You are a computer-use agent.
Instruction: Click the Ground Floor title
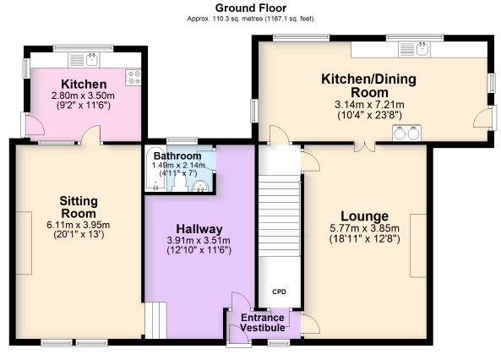250,8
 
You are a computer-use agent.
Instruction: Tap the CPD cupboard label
279,292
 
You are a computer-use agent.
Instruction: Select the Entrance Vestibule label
262,323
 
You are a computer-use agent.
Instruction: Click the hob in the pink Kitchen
133,78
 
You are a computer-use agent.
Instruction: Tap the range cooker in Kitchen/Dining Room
406,133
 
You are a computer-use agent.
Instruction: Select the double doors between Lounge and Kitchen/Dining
364,147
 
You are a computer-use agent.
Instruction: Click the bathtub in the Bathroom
155,169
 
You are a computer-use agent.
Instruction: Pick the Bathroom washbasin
200,186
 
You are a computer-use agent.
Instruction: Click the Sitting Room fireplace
24,243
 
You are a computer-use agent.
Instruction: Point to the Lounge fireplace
418,246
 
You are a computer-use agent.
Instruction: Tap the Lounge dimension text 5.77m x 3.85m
364,228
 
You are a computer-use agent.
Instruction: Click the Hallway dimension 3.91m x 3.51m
199,240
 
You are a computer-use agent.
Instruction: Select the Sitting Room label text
79,207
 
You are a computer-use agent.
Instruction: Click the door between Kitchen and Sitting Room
91,134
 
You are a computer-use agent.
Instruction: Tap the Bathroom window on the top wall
182,140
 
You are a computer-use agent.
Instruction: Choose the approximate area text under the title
250,19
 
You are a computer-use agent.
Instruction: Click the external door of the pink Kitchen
32,125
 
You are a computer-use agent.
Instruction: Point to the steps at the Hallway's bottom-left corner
155,320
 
